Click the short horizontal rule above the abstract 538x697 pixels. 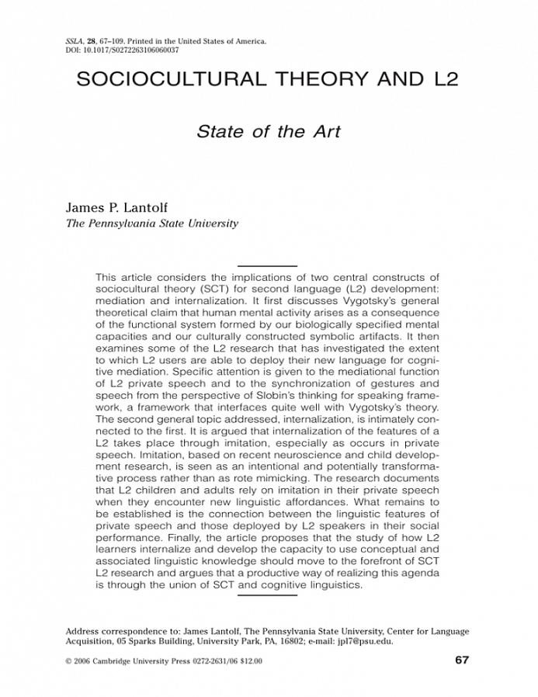pos(267,266)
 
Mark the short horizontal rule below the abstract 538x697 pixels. pos(267,595)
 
